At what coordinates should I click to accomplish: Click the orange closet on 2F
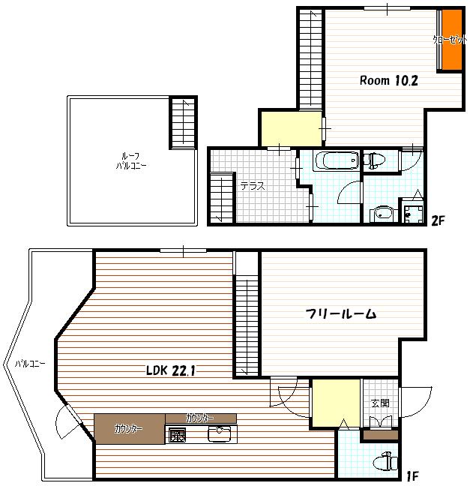pos(451,39)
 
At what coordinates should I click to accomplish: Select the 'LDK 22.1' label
pos(172,370)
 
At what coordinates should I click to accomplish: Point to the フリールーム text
pos(340,313)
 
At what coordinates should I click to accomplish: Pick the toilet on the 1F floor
pos(385,461)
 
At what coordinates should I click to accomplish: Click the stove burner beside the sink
pos(177,435)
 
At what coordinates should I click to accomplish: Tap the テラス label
pos(253,187)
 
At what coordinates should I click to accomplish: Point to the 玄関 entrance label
pos(380,403)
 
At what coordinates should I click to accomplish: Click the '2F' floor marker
pos(439,220)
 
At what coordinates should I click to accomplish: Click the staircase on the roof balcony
pos(182,123)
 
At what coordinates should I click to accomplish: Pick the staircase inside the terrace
pos(222,197)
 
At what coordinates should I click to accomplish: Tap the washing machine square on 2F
pos(410,213)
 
